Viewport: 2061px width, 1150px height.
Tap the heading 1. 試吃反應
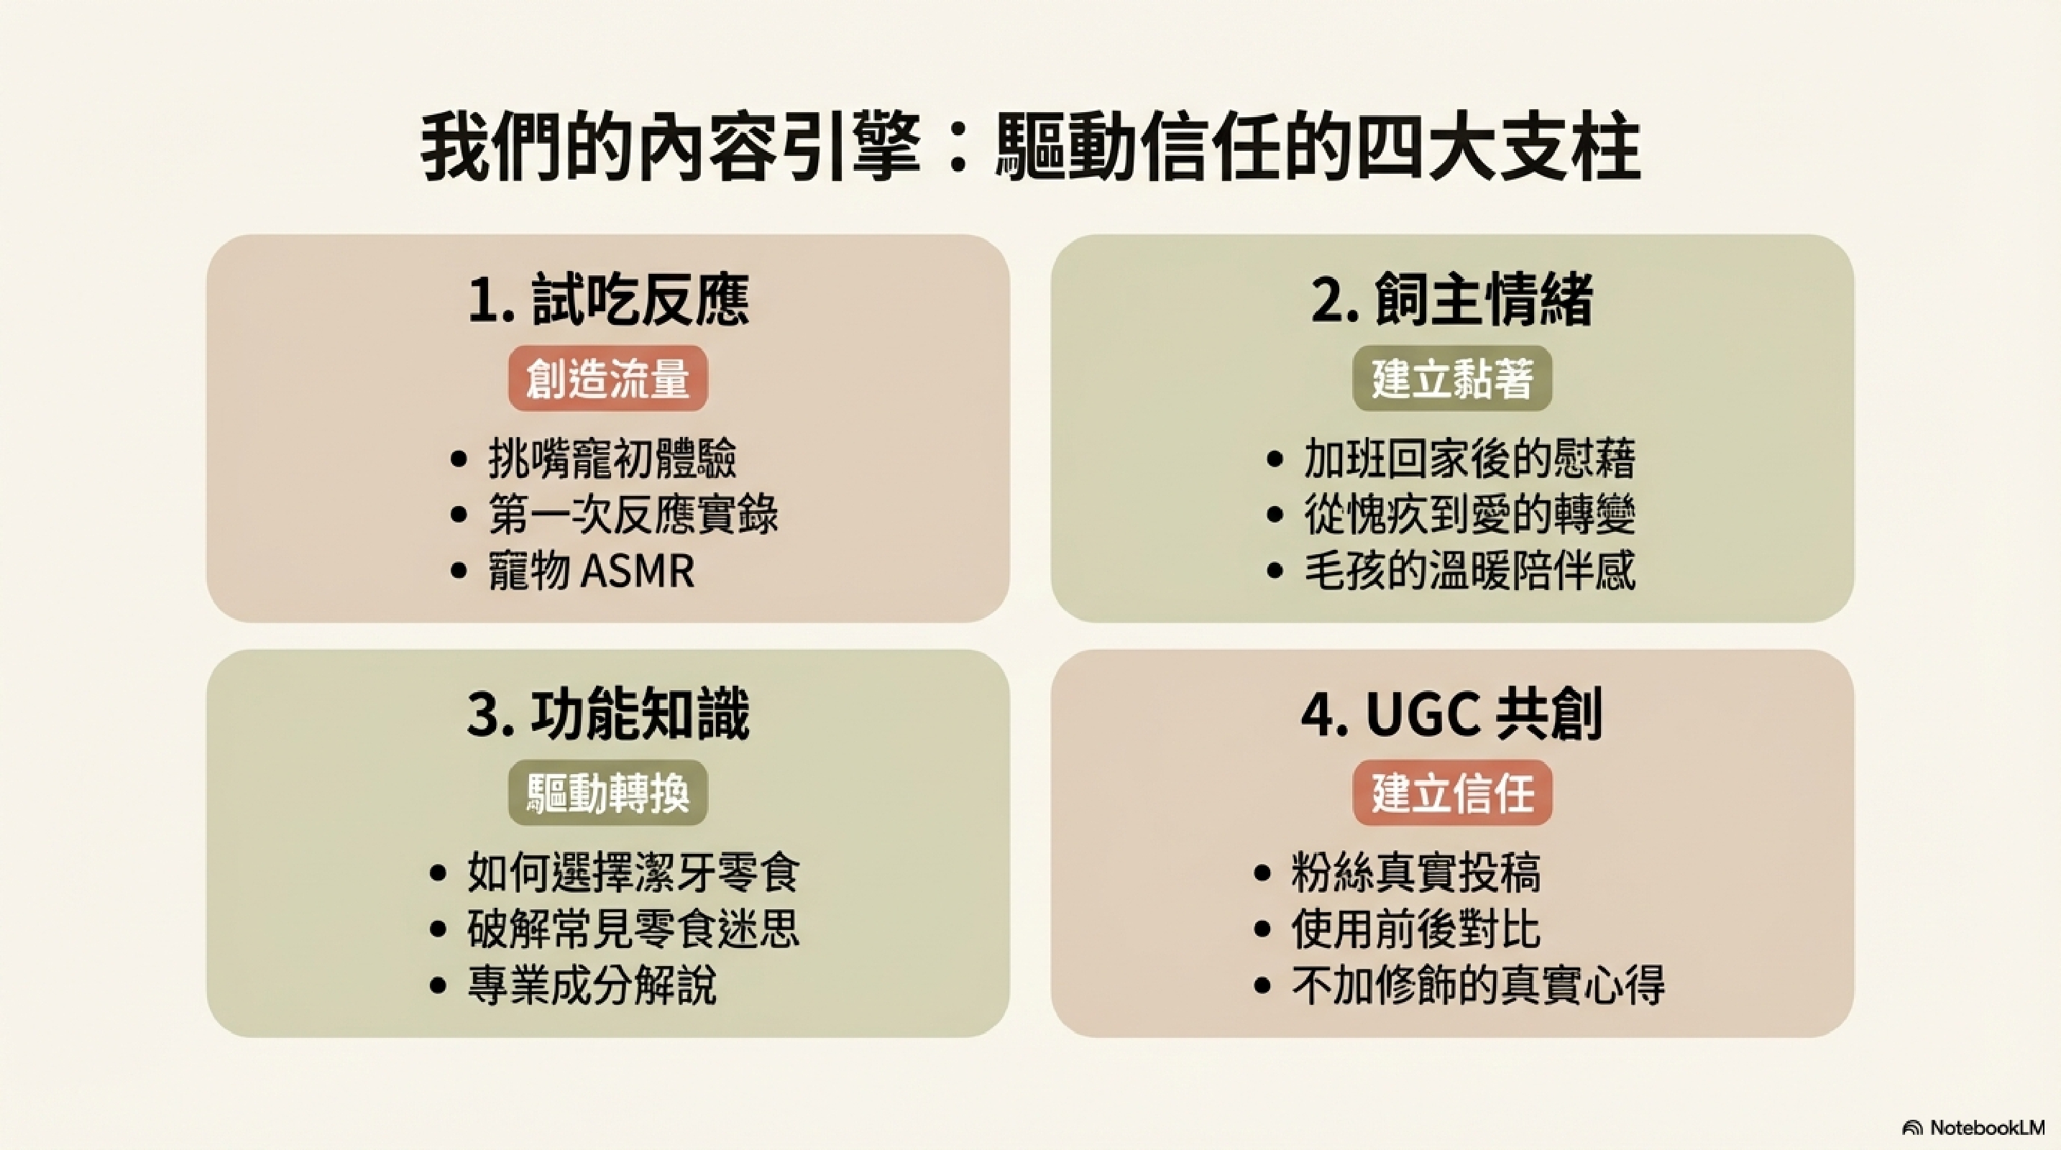tap(608, 300)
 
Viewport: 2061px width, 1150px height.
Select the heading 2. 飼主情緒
tap(1451, 300)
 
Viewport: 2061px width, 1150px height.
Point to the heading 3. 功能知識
tap(608, 714)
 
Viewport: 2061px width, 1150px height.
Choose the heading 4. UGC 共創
tap(1451, 714)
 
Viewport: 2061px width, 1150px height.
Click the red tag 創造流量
tap(608, 379)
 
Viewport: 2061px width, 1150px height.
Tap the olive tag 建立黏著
tap(1452, 379)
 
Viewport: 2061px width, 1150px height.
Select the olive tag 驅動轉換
tap(608, 793)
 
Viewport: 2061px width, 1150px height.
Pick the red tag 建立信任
tap(1452, 793)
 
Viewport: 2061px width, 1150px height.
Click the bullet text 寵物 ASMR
tap(591, 571)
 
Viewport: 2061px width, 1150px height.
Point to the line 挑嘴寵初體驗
tap(612, 459)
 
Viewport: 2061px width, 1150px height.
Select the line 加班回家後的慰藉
tap(1470, 459)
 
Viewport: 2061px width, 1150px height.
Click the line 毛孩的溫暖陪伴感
tap(1470, 571)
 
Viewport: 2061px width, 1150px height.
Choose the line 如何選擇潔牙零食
tap(633, 873)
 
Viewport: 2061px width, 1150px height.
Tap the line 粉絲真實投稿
tap(1415, 873)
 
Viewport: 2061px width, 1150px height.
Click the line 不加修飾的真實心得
tap(1478, 985)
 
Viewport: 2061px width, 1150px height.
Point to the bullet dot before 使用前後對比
tap(1262, 929)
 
